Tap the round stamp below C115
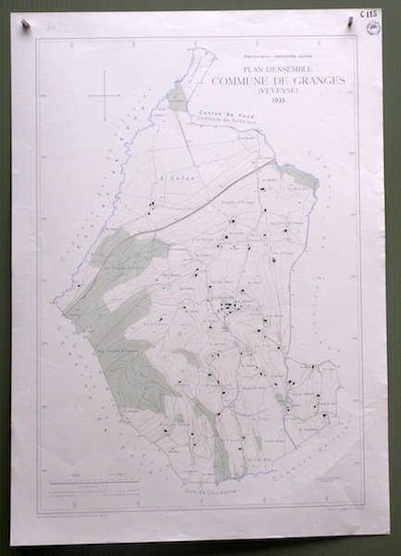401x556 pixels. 374,29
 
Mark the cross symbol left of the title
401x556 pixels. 107,94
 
